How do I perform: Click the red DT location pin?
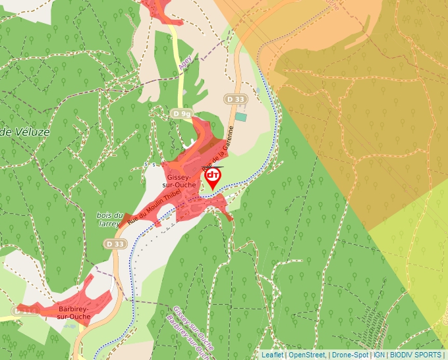point(212,178)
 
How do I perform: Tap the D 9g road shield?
point(181,114)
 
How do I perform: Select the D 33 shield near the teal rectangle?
point(235,99)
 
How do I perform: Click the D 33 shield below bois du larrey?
point(114,244)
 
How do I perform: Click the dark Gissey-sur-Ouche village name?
point(179,182)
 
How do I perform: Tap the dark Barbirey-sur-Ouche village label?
point(73,312)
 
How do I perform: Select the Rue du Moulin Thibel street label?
point(154,206)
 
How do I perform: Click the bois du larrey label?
point(110,219)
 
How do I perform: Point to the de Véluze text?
point(25,132)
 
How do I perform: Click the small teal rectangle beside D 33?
point(241,116)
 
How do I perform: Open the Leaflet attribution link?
point(272,355)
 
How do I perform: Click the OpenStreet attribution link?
point(307,355)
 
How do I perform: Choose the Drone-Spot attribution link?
point(350,355)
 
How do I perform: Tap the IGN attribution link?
point(379,355)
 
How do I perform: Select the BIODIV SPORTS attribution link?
point(416,355)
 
